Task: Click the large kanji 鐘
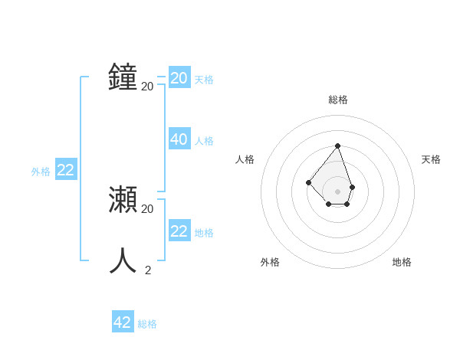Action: pos(123,77)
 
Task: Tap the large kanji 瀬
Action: pos(123,200)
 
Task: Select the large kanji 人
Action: pos(123,260)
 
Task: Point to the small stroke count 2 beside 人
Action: pos(148,270)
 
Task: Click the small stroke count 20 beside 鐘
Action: pos(147,87)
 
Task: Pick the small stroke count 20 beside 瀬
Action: pos(147,208)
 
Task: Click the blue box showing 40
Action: pos(179,139)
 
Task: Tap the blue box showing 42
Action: pos(123,322)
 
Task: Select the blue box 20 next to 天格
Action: pos(179,78)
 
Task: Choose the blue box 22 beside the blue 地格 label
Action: pos(179,231)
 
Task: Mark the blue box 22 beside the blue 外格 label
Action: pos(66,170)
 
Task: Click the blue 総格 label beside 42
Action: pos(147,324)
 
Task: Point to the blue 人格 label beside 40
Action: pos(204,141)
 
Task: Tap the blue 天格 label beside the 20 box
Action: pos(204,80)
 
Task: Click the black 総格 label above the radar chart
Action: pos(338,100)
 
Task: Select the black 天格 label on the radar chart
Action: pos(432,159)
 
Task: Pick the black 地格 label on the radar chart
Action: pos(402,262)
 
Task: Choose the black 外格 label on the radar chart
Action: pos(270,262)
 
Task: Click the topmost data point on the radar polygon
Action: pos(337,146)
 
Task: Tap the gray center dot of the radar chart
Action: pos(337,191)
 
